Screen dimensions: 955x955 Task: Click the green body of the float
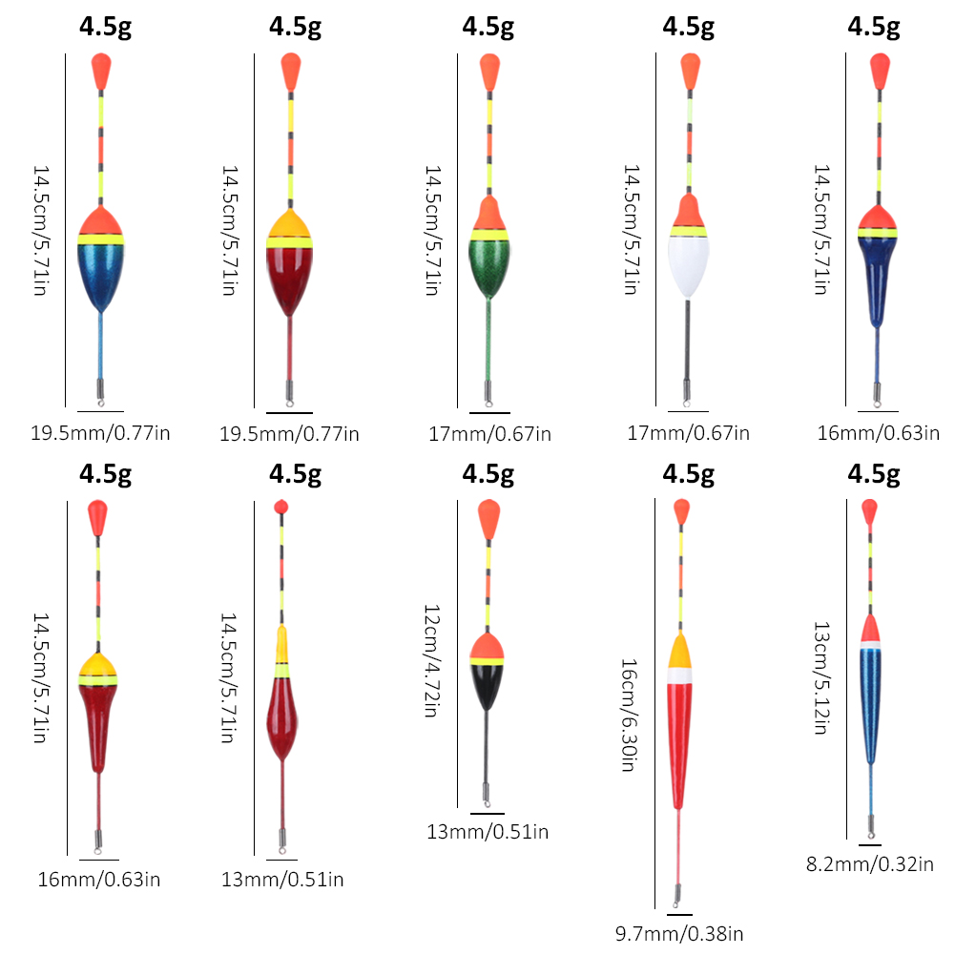coord(488,267)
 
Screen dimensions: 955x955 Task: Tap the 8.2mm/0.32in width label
coord(869,864)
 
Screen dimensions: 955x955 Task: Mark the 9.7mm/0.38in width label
coord(678,933)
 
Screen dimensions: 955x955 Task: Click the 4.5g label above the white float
coord(688,27)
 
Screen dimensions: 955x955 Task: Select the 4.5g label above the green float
coord(488,27)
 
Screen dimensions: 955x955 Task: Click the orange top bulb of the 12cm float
coord(488,519)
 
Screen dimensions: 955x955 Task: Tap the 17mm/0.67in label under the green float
coord(489,434)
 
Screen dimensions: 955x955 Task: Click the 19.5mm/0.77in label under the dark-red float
coord(289,434)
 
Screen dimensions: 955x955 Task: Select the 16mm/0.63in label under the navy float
coord(878,433)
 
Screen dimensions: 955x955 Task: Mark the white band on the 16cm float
coord(678,675)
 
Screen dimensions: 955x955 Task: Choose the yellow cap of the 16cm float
coord(679,652)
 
